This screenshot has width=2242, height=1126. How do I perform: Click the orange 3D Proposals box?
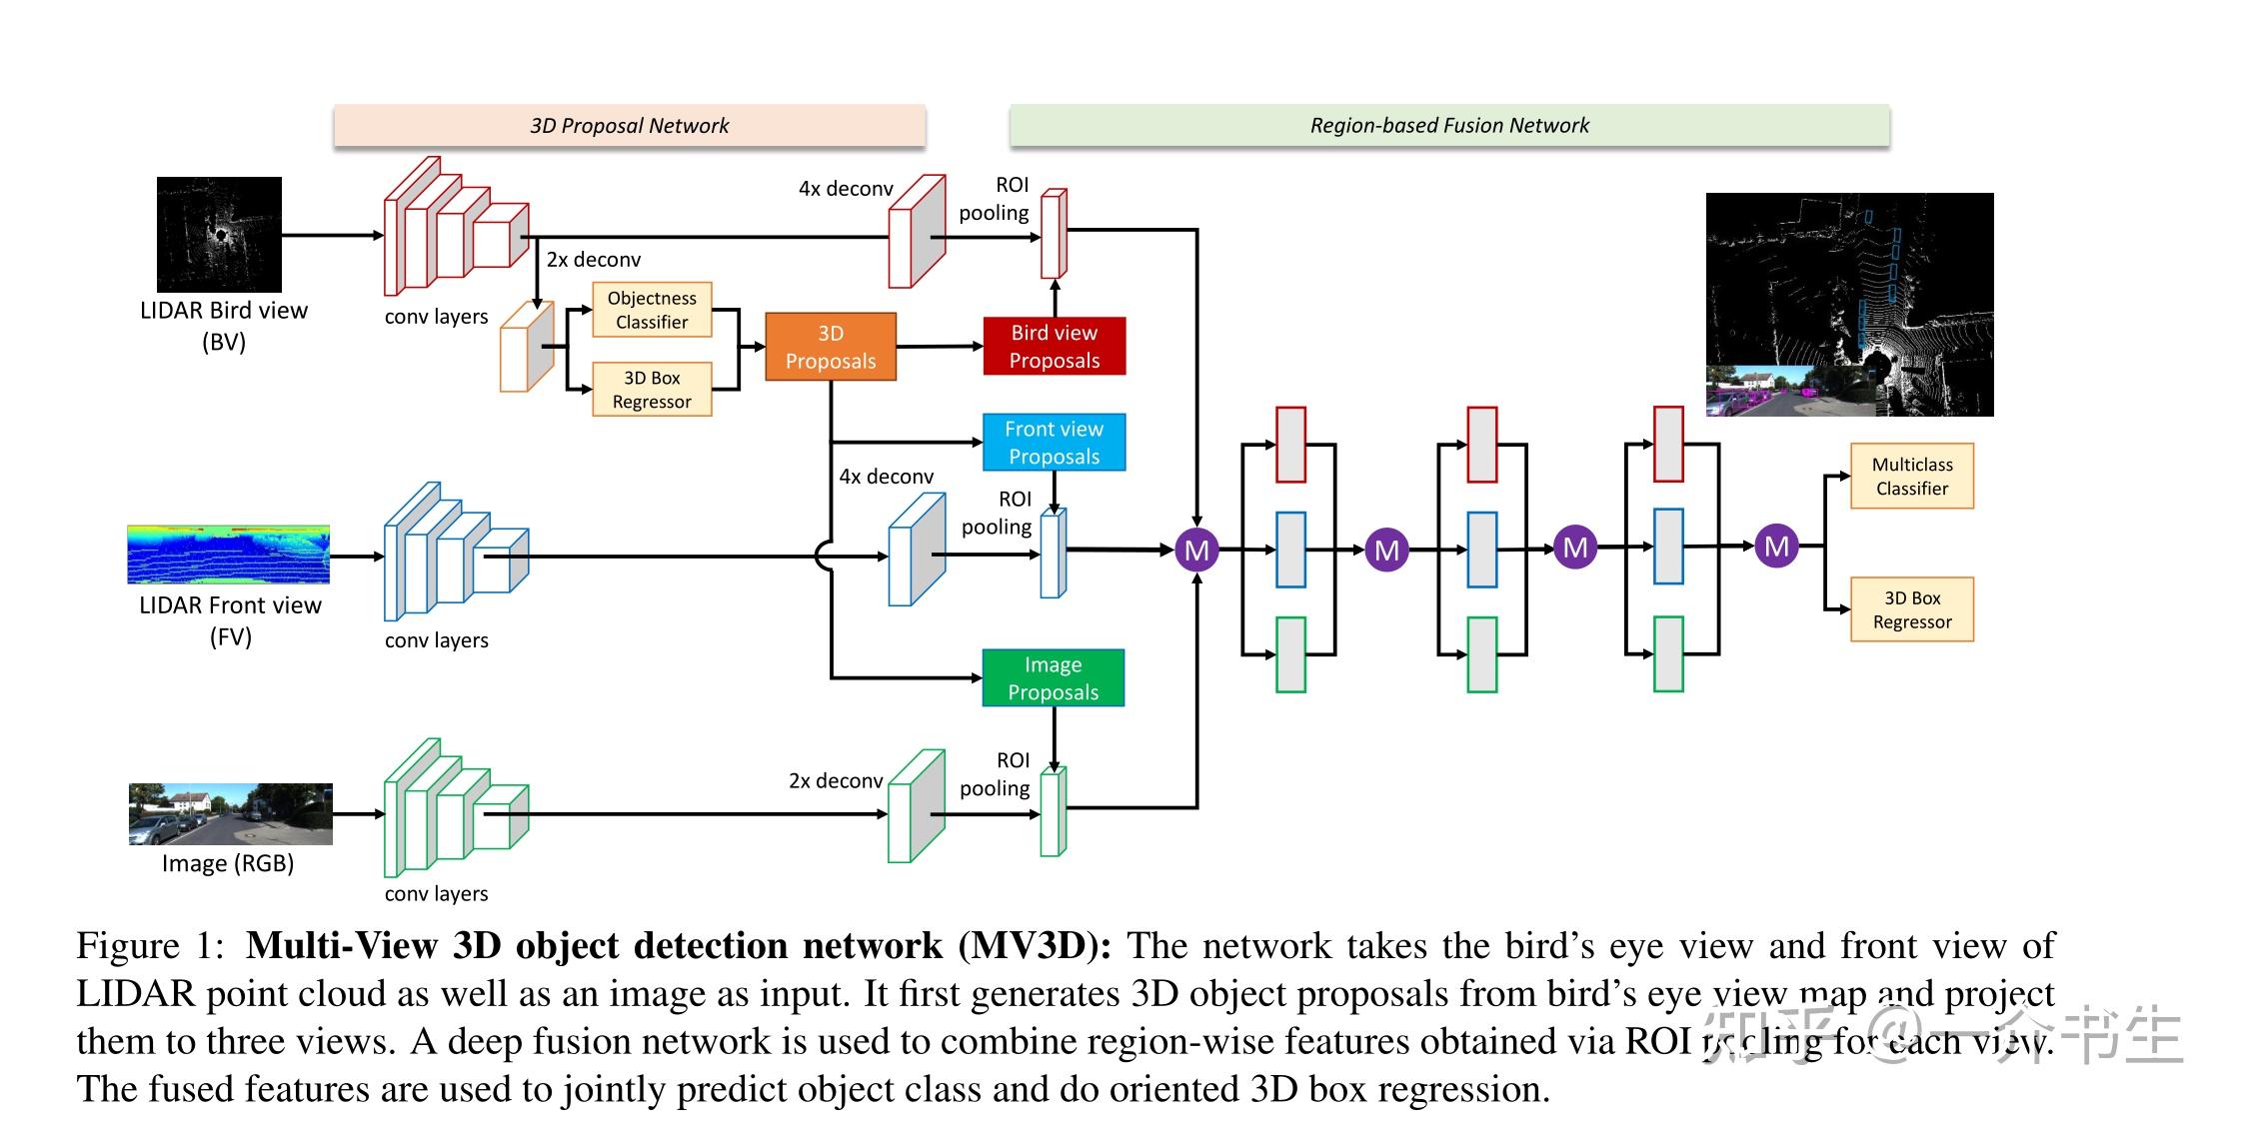[830, 347]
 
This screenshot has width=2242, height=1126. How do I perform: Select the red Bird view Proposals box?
[1054, 347]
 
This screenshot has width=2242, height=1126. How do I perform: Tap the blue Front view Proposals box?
[1054, 443]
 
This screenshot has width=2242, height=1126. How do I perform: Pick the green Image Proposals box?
[1053, 678]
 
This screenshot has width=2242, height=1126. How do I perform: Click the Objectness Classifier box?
[652, 310]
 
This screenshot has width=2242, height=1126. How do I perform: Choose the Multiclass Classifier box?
[1911, 477]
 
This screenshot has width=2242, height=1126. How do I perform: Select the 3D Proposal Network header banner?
[629, 126]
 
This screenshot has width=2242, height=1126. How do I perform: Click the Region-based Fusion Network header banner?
[1448, 126]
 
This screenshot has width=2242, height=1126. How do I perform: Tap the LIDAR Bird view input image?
[219, 235]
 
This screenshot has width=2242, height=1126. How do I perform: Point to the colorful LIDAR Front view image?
[228, 555]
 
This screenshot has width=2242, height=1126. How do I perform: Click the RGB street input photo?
[230, 814]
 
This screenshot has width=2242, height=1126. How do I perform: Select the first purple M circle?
[1196, 550]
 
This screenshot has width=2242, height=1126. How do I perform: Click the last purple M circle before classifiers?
[1776, 547]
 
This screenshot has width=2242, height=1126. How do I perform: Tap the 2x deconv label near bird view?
[593, 260]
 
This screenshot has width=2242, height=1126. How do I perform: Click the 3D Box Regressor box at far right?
[1911, 609]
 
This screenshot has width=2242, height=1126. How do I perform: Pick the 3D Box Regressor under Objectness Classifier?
[652, 390]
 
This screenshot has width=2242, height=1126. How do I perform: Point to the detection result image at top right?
[1849, 305]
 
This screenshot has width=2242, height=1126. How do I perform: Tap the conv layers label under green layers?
[436, 893]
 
